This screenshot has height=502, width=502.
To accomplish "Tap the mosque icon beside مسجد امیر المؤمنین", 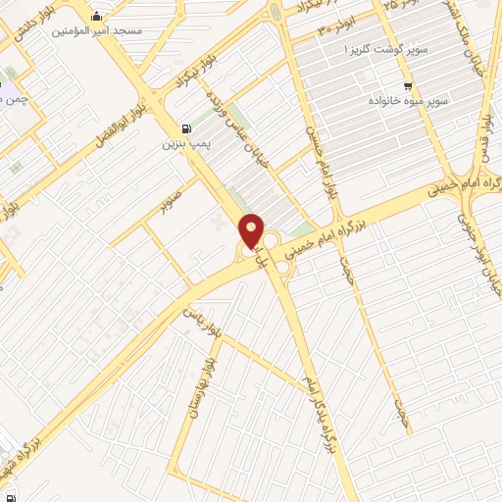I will coord(96,18).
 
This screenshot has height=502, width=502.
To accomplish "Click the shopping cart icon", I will coord(434,86).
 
